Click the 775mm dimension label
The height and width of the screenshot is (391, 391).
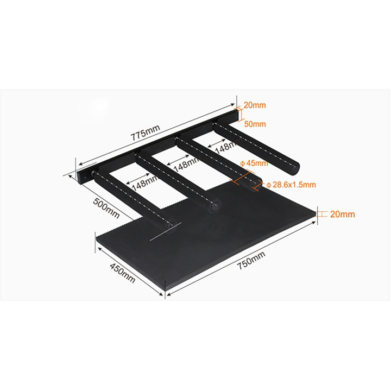click(x=145, y=133)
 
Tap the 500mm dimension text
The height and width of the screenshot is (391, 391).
click(x=106, y=208)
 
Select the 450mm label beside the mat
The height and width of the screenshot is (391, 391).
click(x=122, y=273)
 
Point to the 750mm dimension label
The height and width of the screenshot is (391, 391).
click(x=251, y=260)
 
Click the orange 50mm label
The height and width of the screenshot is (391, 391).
click(x=255, y=124)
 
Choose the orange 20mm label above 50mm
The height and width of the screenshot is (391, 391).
click(x=255, y=105)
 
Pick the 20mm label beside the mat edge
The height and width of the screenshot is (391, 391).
click(x=342, y=214)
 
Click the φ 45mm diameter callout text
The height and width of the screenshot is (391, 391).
click(x=254, y=163)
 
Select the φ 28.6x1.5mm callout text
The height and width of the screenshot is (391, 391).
click(x=291, y=185)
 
